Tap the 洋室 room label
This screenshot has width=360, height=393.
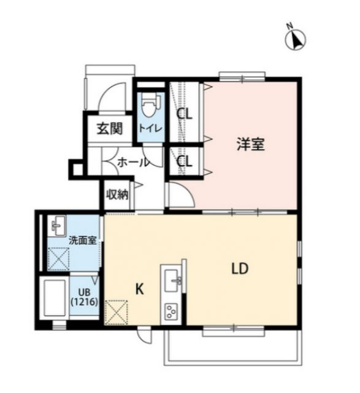pyautogui.click(x=251, y=145)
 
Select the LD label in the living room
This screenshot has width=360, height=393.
pyautogui.click(x=240, y=268)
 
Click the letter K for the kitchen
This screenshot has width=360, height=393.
pyautogui.click(x=139, y=289)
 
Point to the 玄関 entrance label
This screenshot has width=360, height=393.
pyautogui.click(x=109, y=128)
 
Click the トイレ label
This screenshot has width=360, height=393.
pyautogui.click(x=150, y=128)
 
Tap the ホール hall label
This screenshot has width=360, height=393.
pyautogui.click(x=132, y=163)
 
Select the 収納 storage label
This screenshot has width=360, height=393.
pyautogui.click(x=117, y=195)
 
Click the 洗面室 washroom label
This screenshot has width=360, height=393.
pyautogui.click(x=82, y=239)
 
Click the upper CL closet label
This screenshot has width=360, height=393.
pyautogui.click(x=184, y=114)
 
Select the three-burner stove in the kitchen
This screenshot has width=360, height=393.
pyautogui.click(x=170, y=312)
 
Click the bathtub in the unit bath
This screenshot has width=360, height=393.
pyautogui.click(x=55, y=298)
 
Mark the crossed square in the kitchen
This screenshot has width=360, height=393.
pyautogui.click(x=117, y=312)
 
